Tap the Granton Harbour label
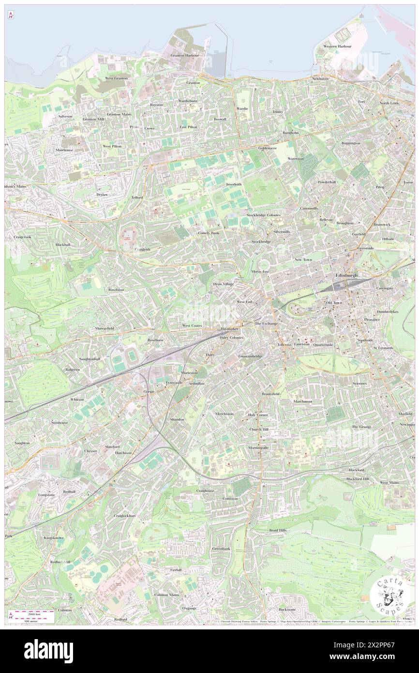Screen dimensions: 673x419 pyautogui.click(x=185, y=55)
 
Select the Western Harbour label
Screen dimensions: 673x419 pyautogui.click(x=337, y=46)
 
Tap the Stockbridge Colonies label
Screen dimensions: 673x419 pyautogui.click(x=263, y=214)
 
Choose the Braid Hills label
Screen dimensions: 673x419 pyautogui.click(x=278, y=530)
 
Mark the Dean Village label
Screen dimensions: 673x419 pyautogui.click(x=224, y=284)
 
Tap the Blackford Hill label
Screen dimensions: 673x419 pyautogui.click(x=357, y=479)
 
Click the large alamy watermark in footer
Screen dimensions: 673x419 pyautogui.click(x=48, y=651)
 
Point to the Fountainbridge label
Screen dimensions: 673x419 pyautogui.click(x=250, y=356)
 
